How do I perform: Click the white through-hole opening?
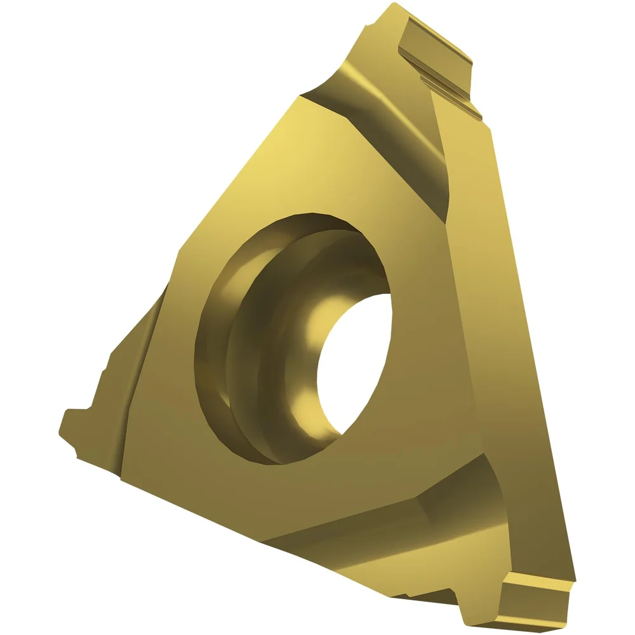coord(356,362)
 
